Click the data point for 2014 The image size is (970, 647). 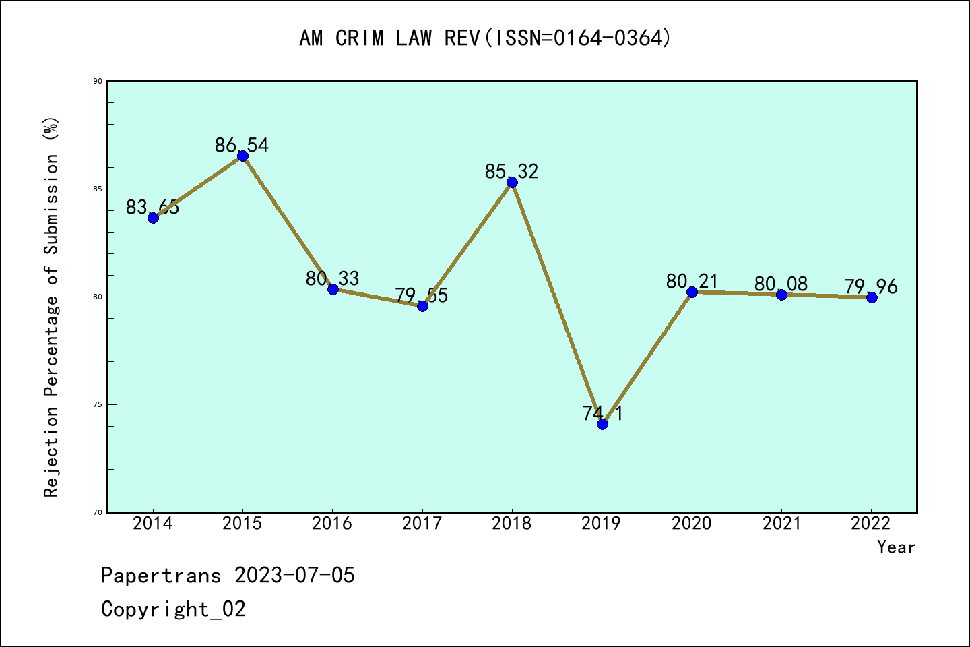(x=154, y=218)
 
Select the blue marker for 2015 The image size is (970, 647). (x=243, y=156)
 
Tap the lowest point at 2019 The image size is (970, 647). (x=602, y=424)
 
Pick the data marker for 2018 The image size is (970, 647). (x=512, y=182)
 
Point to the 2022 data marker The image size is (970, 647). (x=872, y=297)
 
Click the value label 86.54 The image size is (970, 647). (x=242, y=145)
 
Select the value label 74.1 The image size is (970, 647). (x=603, y=412)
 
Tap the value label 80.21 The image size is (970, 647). (x=692, y=281)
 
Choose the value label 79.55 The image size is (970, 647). (x=422, y=295)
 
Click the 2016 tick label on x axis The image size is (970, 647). (x=332, y=524)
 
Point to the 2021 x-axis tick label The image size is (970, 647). (x=781, y=524)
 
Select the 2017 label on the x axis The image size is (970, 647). (x=422, y=524)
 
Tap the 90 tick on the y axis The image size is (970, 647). (x=98, y=81)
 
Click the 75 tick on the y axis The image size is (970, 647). (x=98, y=404)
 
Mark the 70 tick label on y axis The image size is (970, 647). (x=98, y=512)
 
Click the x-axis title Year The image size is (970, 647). (x=896, y=547)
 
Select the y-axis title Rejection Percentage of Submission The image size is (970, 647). (x=52, y=307)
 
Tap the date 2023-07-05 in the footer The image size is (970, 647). (x=294, y=575)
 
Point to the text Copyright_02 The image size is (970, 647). (x=173, y=609)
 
